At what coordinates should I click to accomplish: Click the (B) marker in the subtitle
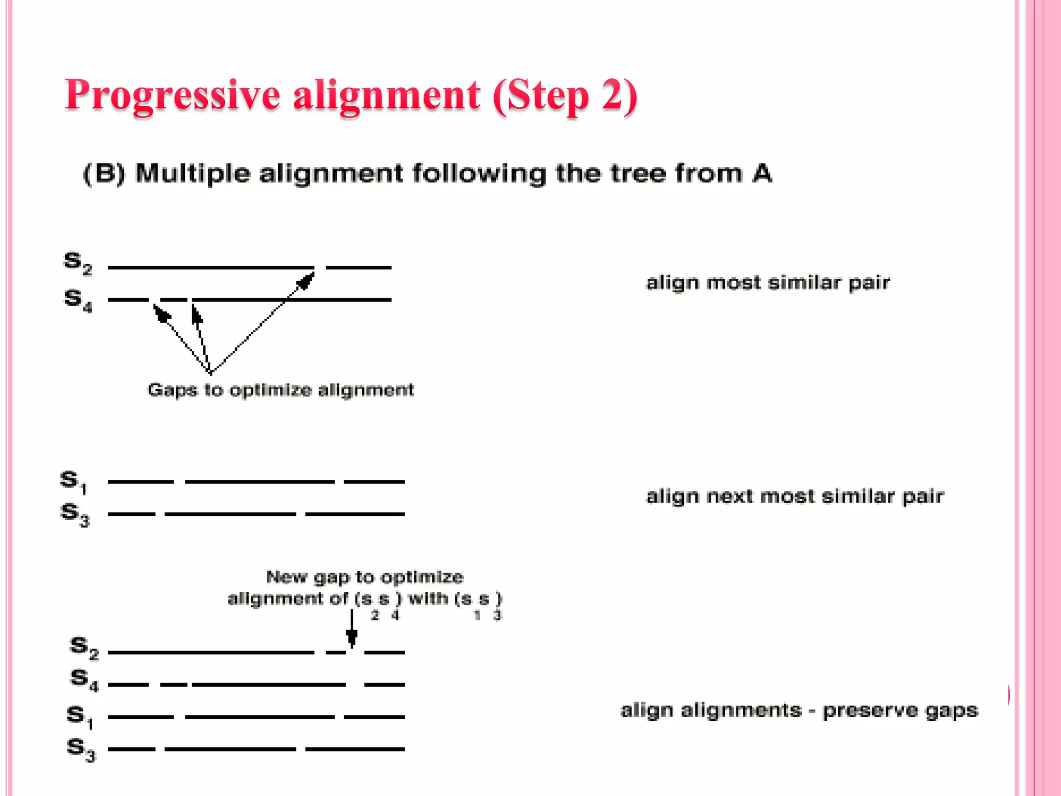tap(104, 174)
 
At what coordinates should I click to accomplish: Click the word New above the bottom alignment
tap(286, 577)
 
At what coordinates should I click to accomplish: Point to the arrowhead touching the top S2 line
tap(306, 280)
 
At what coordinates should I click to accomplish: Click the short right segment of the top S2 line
tap(359, 267)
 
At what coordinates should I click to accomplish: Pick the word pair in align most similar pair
tap(869, 283)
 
